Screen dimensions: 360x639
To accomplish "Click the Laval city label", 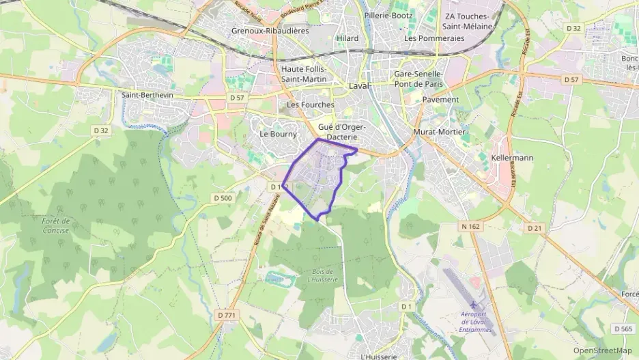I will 358,86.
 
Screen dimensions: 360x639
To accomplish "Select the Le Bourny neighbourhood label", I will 277,135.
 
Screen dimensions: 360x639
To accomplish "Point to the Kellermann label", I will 512,158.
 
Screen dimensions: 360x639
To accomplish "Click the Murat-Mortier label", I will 440,131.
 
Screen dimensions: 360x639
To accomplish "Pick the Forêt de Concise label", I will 56,225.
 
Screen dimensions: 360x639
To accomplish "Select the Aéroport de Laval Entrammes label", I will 476,322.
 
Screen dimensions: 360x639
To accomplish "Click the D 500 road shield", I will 223,198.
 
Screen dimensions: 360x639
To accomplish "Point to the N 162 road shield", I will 470,225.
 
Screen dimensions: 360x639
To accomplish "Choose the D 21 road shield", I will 535,228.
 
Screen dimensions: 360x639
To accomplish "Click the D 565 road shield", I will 623,329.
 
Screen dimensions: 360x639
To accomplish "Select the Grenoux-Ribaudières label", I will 270,31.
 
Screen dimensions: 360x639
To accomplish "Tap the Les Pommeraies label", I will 434,38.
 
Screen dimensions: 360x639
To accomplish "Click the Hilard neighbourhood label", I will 347,38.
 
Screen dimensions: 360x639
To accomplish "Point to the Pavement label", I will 440,99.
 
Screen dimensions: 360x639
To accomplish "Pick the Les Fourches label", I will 311,105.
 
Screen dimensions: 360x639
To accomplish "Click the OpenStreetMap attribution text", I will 603,350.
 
